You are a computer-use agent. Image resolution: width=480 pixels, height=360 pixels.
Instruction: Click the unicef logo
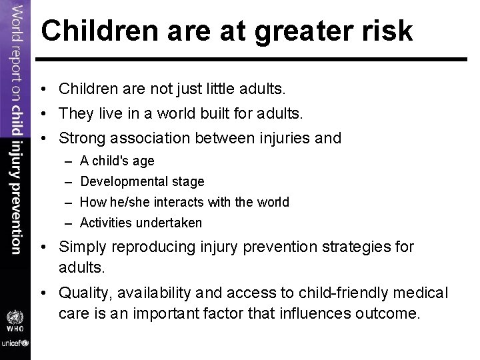[15, 343]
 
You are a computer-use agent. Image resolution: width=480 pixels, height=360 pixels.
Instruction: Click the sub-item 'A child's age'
[117, 161]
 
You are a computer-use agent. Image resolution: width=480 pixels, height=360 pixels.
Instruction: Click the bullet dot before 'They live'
[49, 114]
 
